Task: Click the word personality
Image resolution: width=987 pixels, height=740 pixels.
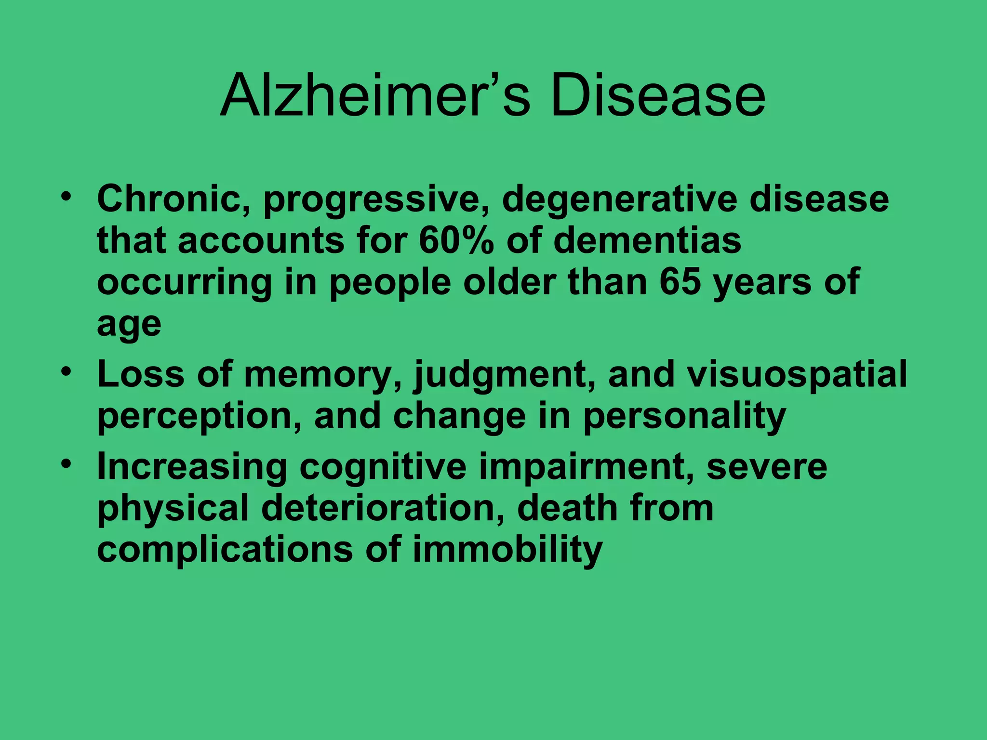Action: click(x=684, y=417)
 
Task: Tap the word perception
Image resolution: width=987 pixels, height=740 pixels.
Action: click(x=200, y=417)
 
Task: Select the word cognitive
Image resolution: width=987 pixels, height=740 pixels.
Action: click(x=383, y=467)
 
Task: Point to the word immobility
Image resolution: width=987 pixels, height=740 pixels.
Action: click(x=507, y=550)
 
